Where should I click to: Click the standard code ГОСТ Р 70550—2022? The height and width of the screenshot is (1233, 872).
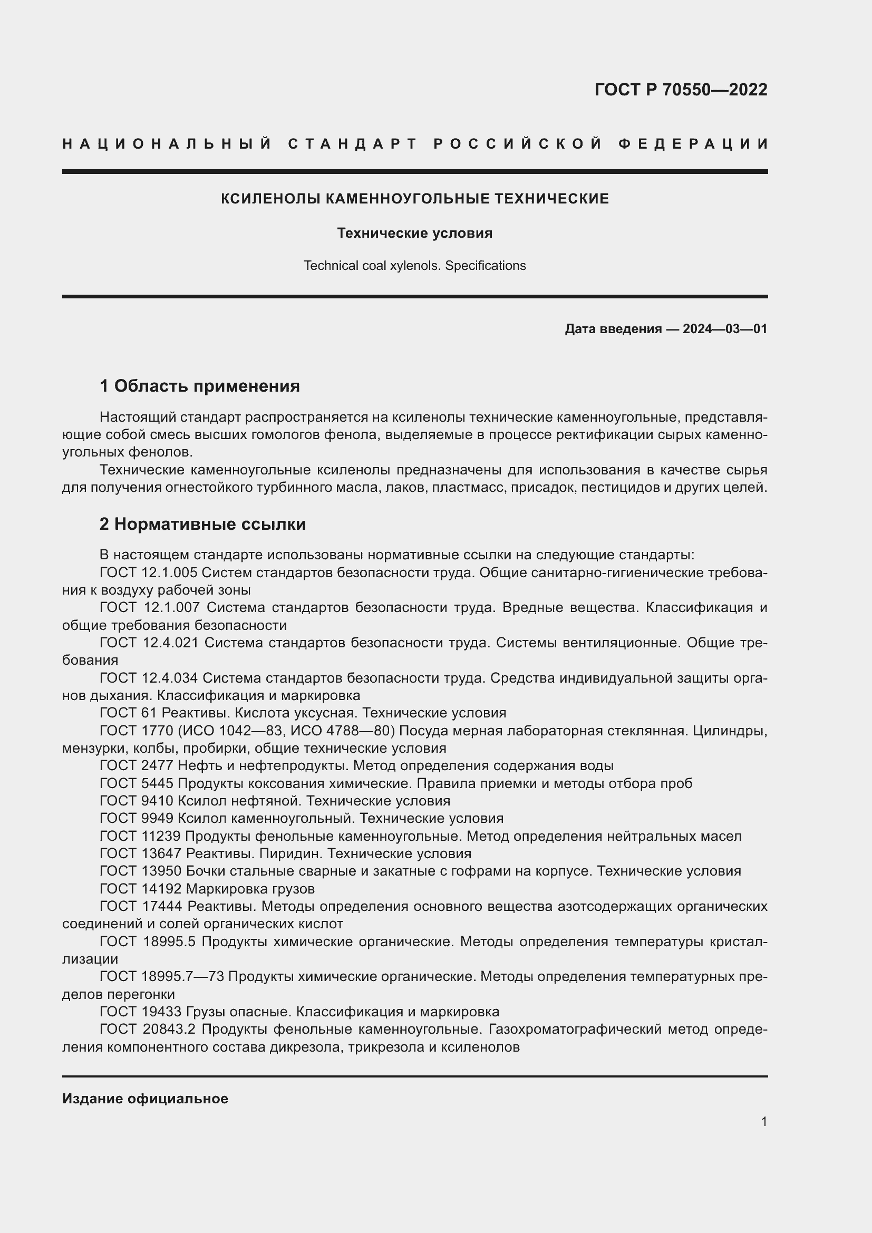click(x=680, y=90)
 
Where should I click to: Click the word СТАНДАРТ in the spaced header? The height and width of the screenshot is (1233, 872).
click(x=352, y=144)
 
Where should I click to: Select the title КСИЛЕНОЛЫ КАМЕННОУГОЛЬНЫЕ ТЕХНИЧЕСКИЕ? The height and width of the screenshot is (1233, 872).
click(x=414, y=199)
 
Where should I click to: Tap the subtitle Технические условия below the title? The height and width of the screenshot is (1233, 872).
click(x=414, y=233)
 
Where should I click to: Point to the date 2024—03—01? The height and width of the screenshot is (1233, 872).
click(x=724, y=329)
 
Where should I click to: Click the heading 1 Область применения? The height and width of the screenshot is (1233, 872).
click(x=199, y=385)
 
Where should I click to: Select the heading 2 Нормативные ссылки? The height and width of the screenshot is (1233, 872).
click(x=202, y=524)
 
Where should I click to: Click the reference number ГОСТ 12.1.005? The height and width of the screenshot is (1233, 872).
click(x=148, y=572)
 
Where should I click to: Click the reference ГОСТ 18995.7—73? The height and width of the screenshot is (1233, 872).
click(x=162, y=977)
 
